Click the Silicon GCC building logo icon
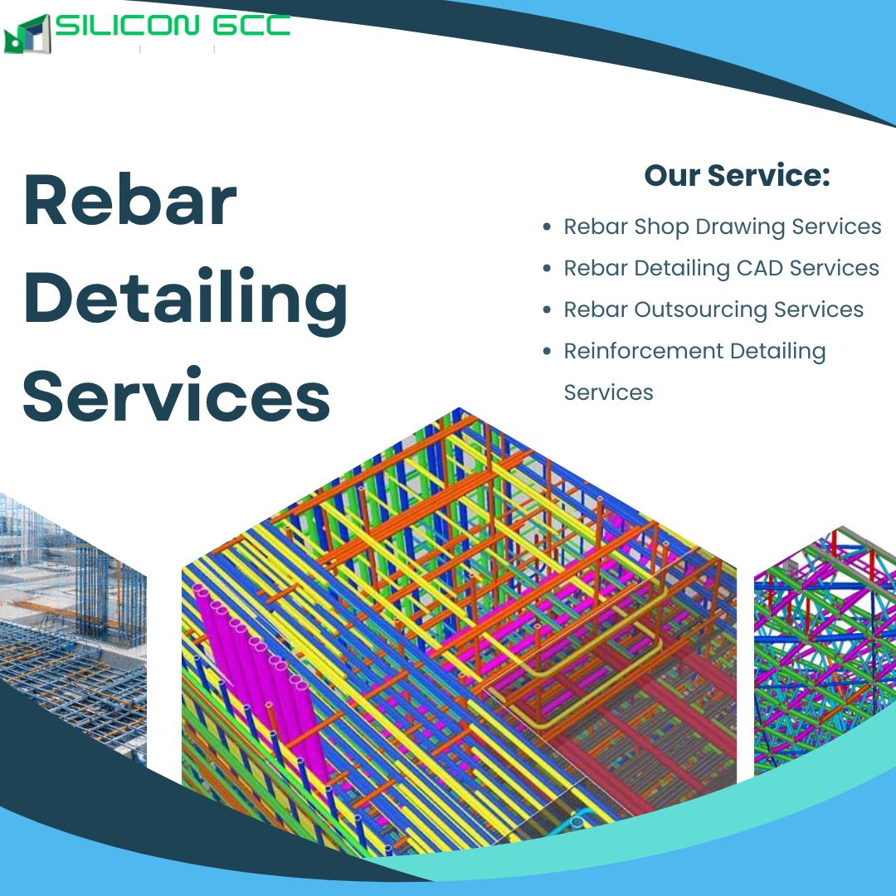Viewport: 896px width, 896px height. (27, 34)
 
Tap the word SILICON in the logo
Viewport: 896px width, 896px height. (127, 25)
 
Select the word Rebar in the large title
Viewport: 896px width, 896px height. (130, 200)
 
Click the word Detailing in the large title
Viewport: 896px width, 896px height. (186, 301)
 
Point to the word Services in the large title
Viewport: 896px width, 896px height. (177, 396)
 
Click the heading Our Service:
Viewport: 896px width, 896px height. (738, 175)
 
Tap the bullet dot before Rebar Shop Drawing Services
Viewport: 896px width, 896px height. (547, 226)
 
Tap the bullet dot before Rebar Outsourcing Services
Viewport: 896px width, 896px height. (547, 309)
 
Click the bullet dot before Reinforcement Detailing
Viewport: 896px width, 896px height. (547, 351)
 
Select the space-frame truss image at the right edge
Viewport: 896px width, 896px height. (825, 651)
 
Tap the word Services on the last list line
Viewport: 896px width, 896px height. (609, 392)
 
